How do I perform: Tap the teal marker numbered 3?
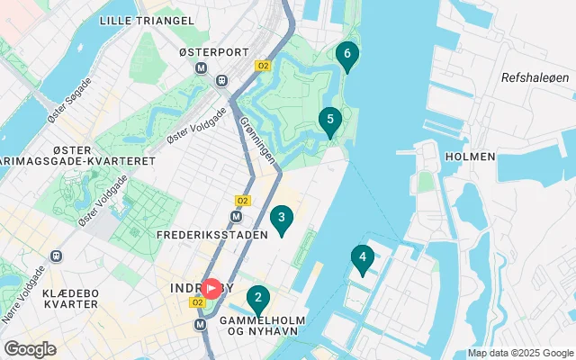[x=282, y=218]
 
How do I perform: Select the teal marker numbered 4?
[x=362, y=258]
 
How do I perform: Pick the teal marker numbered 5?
[x=330, y=120]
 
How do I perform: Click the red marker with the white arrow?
[x=211, y=288]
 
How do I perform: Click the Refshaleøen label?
[x=536, y=78]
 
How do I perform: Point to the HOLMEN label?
[x=470, y=156]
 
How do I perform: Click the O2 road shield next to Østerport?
[x=263, y=66]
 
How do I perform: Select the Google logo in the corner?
[x=30, y=349]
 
